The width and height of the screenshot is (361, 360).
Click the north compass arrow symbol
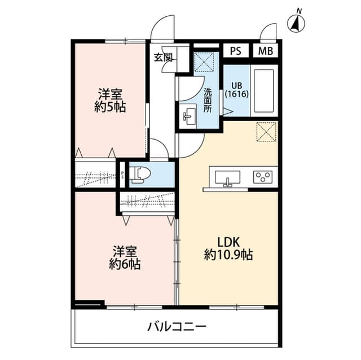[295, 23]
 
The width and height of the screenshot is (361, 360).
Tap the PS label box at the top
[235, 51]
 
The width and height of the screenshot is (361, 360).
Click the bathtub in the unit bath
[263, 91]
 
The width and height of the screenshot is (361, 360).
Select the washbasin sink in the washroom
[188, 117]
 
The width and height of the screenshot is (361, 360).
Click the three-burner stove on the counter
[262, 177]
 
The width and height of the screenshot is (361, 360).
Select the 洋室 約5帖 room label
[110, 101]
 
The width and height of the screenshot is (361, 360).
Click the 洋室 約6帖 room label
[125, 257]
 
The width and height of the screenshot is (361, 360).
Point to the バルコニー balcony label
[177, 326]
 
